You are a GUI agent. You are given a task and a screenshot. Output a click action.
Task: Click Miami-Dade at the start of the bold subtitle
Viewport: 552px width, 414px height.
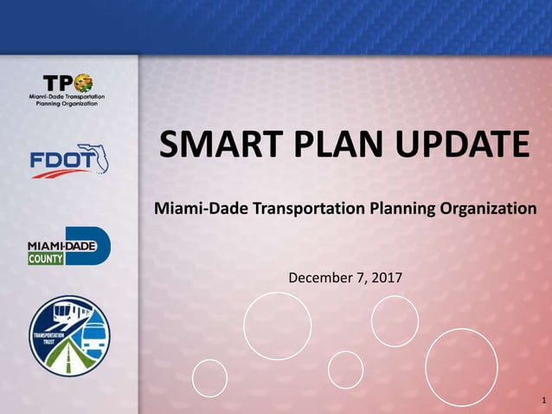(x=196, y=209)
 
